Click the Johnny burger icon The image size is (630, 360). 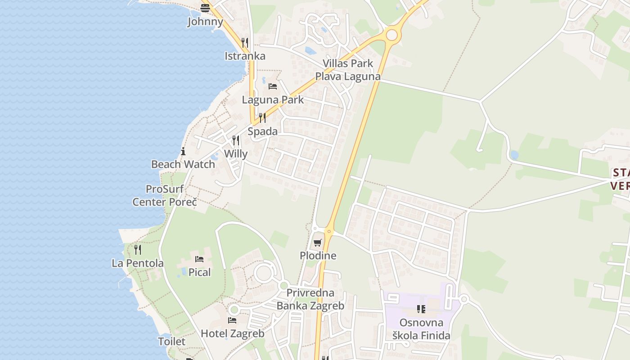[205, 8]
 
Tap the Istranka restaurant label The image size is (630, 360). [245, 56]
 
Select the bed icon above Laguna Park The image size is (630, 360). [272, 86]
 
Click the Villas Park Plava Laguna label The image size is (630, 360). [347, 70]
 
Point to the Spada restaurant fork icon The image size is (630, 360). [262, 118]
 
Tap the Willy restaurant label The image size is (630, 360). [236, 154]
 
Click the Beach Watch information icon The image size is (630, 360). [183, 151]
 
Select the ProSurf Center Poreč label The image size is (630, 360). [165, 196]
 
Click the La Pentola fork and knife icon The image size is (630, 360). [138, 249]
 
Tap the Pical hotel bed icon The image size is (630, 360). [199, 259]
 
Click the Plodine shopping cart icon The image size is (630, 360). [318, 243]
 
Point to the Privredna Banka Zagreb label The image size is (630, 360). [310, 299]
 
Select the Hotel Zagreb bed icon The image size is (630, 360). [232, 320]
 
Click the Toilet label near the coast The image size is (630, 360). [171, 342]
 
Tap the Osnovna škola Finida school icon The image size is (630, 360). [421, 309]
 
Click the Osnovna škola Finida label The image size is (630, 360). [421, 329]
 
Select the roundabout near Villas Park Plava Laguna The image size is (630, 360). [392, 35]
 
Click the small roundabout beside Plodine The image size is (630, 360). [329, 232]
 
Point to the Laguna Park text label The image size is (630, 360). [273, 100]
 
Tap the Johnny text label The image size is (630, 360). [205, 22]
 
